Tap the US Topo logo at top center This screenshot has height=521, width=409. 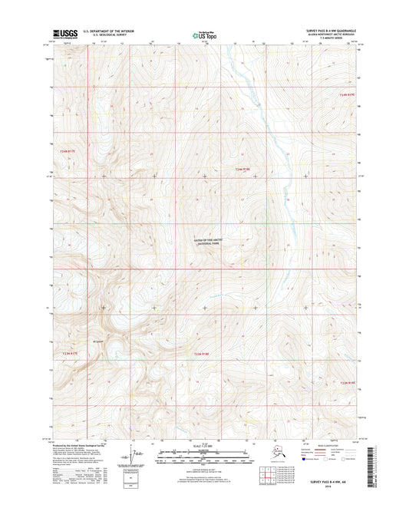point(203,35)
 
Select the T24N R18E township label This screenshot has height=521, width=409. point(243,169)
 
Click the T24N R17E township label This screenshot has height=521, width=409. point(68,150)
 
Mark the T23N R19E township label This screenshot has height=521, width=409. point(348,381)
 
